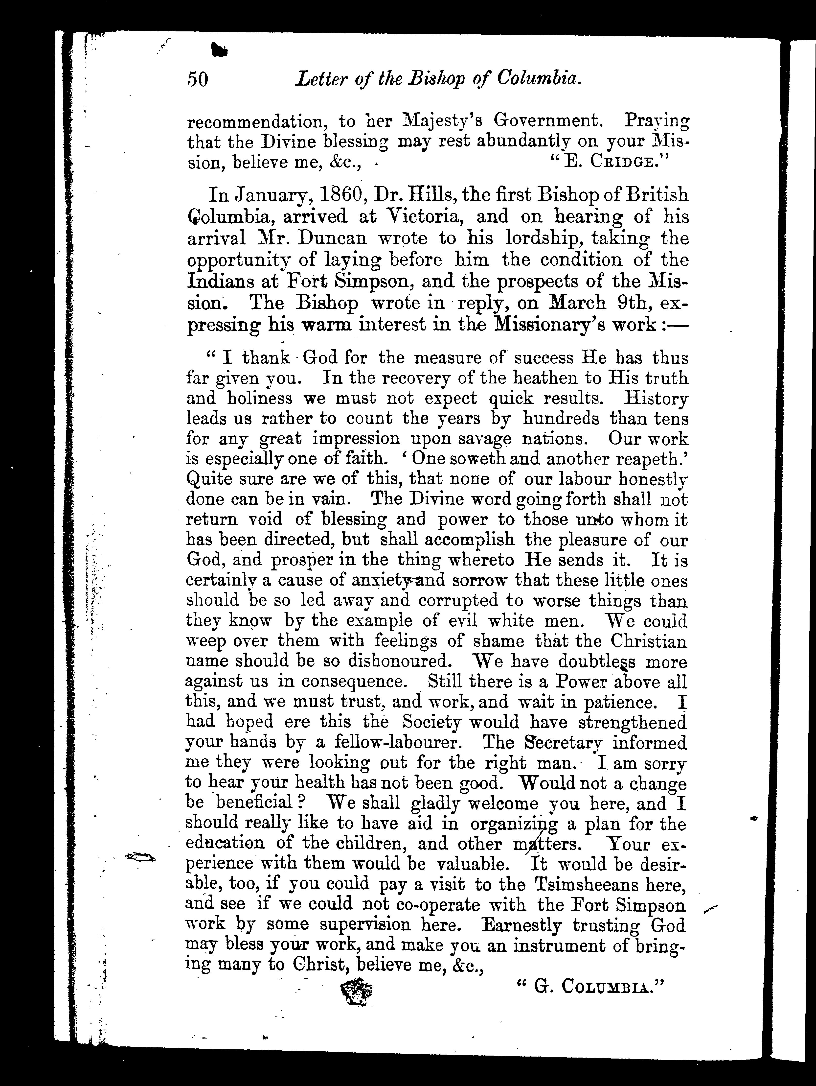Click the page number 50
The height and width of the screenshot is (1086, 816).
[198, 79]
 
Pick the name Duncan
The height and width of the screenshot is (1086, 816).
[324, 238]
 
